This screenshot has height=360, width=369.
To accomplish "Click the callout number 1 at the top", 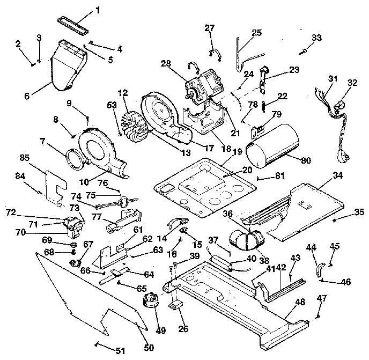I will pyautogui.click(x=98, y=9).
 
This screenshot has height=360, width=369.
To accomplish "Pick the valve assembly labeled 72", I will pyautogui.click(x=72, y=224).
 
